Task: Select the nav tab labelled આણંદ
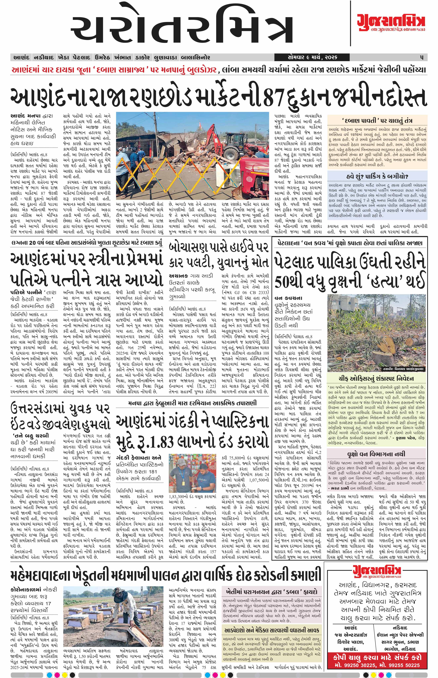point(21,57)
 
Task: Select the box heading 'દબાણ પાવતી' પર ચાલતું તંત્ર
point(377,120)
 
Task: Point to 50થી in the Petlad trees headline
point(290,282)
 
